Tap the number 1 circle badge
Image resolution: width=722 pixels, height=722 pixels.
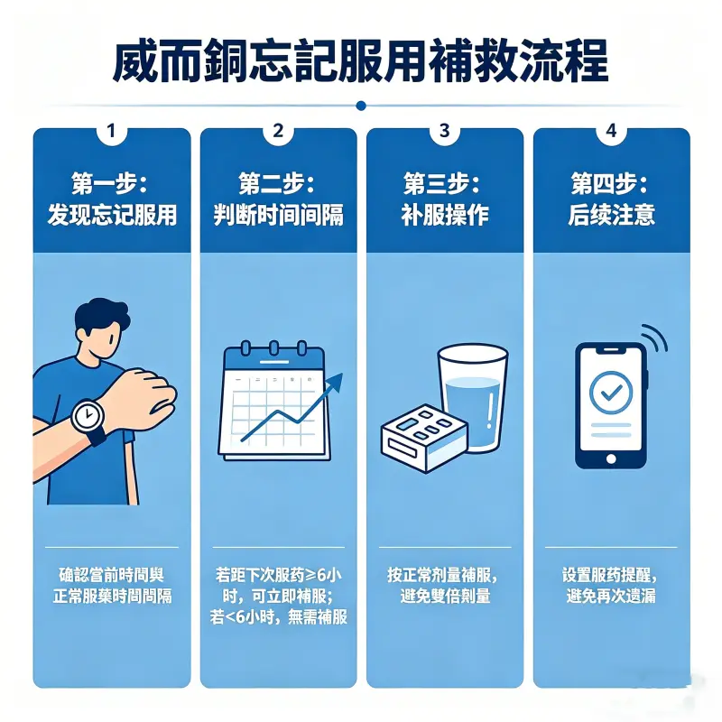[x=111, y=131]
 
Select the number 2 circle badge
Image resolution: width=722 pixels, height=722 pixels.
[x=278, y=131]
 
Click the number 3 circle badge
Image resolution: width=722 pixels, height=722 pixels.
[x=444, y=131]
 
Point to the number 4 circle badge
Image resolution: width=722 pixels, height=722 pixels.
[x=611, y=131]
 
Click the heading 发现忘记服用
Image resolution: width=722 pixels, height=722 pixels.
[x=112, y=214]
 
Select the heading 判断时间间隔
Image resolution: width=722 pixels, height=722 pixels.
[x=278, y=214]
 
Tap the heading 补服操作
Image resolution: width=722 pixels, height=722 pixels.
[x=444, y=214]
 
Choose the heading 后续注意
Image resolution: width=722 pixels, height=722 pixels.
[x=611, y=214]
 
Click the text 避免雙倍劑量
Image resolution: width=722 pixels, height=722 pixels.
[x=444, y=597]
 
